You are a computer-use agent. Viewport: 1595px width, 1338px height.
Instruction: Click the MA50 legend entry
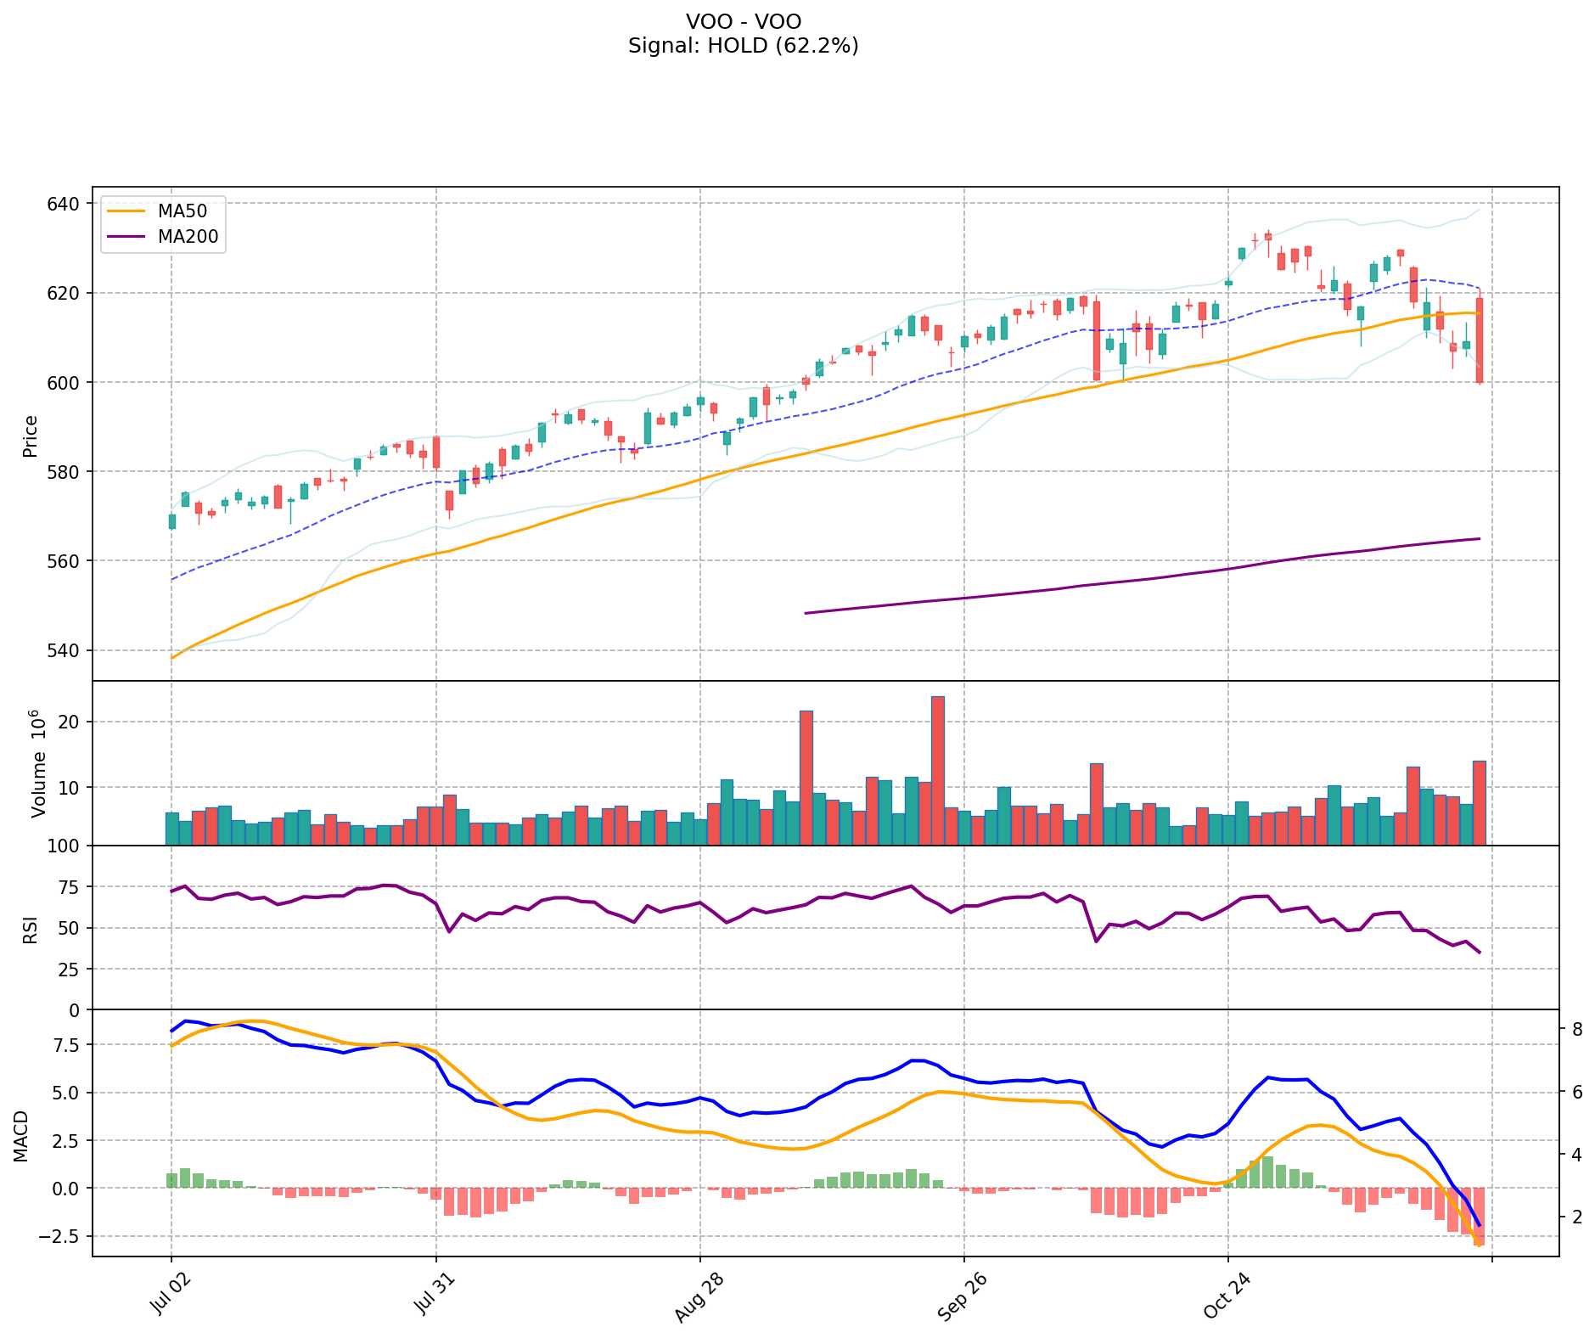pyautogui.click(x=182, y=211)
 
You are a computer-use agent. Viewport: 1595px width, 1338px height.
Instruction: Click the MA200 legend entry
pyautogui.click(x=188, y=237)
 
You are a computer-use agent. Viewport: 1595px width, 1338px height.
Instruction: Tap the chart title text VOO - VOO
pyautogui.click(x=743, y=21)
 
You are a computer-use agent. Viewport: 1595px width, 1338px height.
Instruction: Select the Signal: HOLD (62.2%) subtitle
pyautogui.click(x=743, y=46)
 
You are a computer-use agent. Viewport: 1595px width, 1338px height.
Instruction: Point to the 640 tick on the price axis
pyautogui.click(x=67, y=204)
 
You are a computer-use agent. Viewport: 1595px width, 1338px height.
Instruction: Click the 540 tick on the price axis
pyautogui.click(x=67, y=650)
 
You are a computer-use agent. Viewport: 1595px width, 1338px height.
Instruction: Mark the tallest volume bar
pyautogui.click(x=937, y=770)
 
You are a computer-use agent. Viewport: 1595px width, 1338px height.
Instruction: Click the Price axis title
pyautogui.click(x=31, y=436)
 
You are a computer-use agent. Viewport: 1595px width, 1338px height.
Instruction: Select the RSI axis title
pyautogui.click(x=31, y=928)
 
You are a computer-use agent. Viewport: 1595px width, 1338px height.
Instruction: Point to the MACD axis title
pyautogui.click(x=21, y=1136)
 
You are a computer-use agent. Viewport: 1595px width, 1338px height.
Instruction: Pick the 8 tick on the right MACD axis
pyautogui.click(x=1577, y=1029)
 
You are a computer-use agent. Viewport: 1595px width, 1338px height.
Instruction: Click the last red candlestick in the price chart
pyautogui.click(x=1480, y=340)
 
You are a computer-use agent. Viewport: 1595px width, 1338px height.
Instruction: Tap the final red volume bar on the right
pyautogui.click(x=1480, y=802)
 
